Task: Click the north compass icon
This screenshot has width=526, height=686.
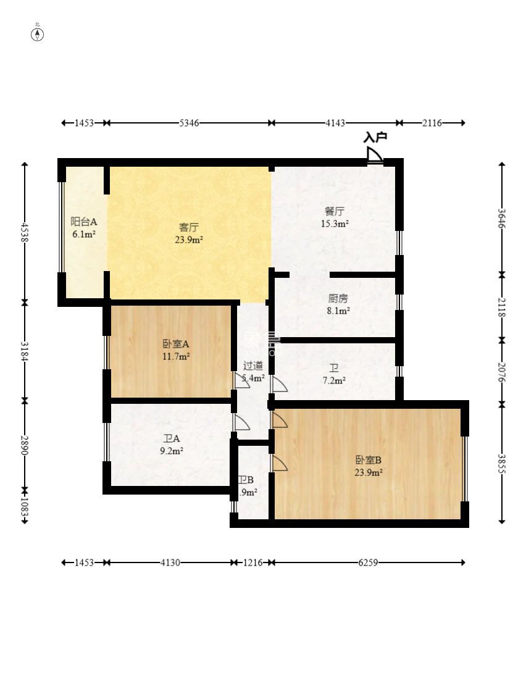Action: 38,33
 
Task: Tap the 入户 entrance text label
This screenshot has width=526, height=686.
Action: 375,137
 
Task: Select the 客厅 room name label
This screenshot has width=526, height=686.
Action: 188,227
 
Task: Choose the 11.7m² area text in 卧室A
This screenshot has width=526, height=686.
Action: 176,356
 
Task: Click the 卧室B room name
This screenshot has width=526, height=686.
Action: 368,460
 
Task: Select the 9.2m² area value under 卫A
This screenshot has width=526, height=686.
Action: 171,451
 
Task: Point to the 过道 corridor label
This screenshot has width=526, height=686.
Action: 253,365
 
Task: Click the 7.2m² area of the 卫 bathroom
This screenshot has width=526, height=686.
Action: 335,380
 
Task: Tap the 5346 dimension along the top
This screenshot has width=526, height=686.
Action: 189,123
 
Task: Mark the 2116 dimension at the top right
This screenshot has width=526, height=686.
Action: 432,123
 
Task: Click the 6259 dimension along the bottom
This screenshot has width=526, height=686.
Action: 368,563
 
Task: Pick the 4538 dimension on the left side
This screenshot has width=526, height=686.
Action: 25,233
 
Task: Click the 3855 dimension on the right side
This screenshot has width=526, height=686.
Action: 503,464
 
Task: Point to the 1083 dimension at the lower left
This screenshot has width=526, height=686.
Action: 25,506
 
